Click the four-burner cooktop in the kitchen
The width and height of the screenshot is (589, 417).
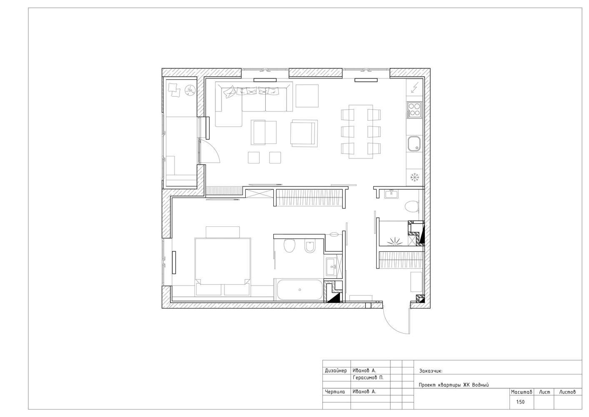click(x=414, y=110)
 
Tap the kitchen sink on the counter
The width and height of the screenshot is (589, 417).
click(x=414, y=144)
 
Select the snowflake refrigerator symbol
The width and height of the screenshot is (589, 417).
click(x=414, y=177)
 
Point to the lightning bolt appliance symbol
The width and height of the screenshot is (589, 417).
click(x=414, y=88)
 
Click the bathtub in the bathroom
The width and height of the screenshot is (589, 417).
click(x=299, y=289)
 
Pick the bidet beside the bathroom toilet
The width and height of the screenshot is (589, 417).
click(x=310, y=247)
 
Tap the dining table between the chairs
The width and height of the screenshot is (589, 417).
click(x=361, y=132)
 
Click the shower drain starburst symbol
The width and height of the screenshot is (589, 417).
click(x=394, y=241)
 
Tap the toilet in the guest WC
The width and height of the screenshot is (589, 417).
click(x=412, y=206)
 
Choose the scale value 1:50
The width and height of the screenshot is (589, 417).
click(x=520, y=402)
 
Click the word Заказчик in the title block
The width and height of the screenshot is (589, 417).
click(x=431, y=371)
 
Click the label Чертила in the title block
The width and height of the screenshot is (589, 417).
click(x=335, y=392)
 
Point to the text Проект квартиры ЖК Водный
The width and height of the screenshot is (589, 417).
click(x=454, y=385)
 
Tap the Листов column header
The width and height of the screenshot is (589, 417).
click(x=567, y=392)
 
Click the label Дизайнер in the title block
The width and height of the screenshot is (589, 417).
click(x=336, y=371)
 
